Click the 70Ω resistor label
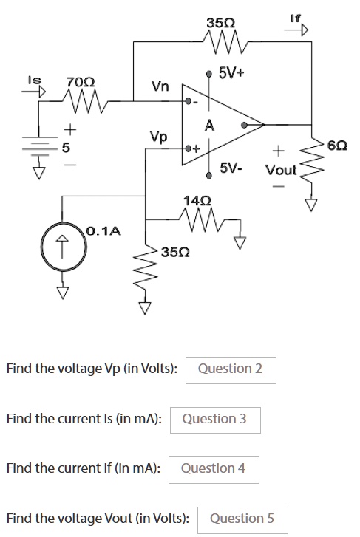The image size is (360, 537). pos(81,82)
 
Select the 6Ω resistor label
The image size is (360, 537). pos(337,146)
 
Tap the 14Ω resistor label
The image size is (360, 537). pos(197,200)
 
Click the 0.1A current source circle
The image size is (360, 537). pos(63,246)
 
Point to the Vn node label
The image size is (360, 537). pos(160,86)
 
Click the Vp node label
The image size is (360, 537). pos(158,137)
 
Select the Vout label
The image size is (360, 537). pos(281,170)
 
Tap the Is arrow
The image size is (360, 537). pos(33,92)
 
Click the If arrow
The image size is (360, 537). pos(296,30)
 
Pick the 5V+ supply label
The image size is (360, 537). pos(232,73)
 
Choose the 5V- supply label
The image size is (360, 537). pos(231,168)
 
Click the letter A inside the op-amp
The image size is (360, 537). pos(209,126)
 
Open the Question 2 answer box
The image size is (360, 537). pos(231,370)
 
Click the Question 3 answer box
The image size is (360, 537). pos(215,420)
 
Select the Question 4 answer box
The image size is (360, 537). pos(214,470)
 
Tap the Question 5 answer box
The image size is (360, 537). pos(242,520)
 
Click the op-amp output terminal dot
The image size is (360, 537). pos(244,125)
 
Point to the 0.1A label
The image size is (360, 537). pos(104,231)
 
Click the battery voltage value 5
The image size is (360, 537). pos(66,148)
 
